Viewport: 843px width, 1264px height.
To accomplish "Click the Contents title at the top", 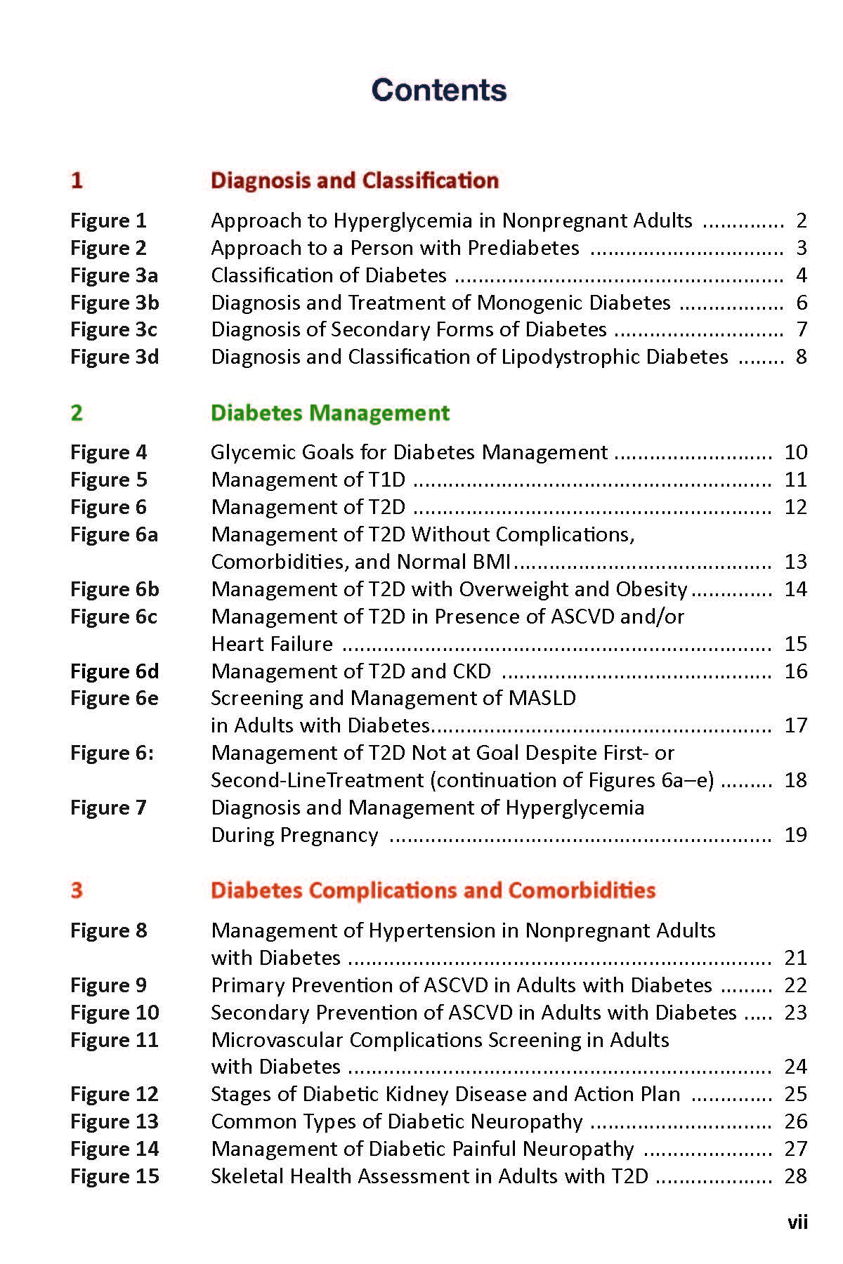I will [x=439, y=90].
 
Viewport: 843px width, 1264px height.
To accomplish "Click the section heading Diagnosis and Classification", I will [x=355, y=180].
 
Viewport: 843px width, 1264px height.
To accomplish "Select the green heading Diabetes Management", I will [x=330, y=412].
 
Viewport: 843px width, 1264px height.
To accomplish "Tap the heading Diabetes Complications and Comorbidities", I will [x=433, y=890].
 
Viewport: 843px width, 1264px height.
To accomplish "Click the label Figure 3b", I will [x=115, y=303].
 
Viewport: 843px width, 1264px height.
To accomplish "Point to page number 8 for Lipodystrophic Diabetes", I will [x=801, y=357].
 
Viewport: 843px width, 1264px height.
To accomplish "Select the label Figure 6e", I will [x=115, y=698].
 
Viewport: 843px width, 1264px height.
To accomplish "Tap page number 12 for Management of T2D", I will [x=795, y=507].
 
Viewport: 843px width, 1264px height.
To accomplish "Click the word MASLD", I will [x=544, y=698].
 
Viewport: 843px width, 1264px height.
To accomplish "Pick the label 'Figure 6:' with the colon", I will [x=112, y=753].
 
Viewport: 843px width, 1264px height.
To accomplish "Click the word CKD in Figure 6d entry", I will [x=471, y=671].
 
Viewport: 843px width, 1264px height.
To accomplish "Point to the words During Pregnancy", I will [x=294, y=835].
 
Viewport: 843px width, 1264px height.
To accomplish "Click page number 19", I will [x=795, y=835].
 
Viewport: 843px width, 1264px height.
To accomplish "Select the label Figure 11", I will [x=115, y=1040].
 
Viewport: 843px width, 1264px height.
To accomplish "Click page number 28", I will [x=795, y=1176].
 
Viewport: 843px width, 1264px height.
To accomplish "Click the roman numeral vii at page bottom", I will [x=797, y=1223].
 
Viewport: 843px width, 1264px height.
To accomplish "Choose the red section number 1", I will [x=77, y=180].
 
